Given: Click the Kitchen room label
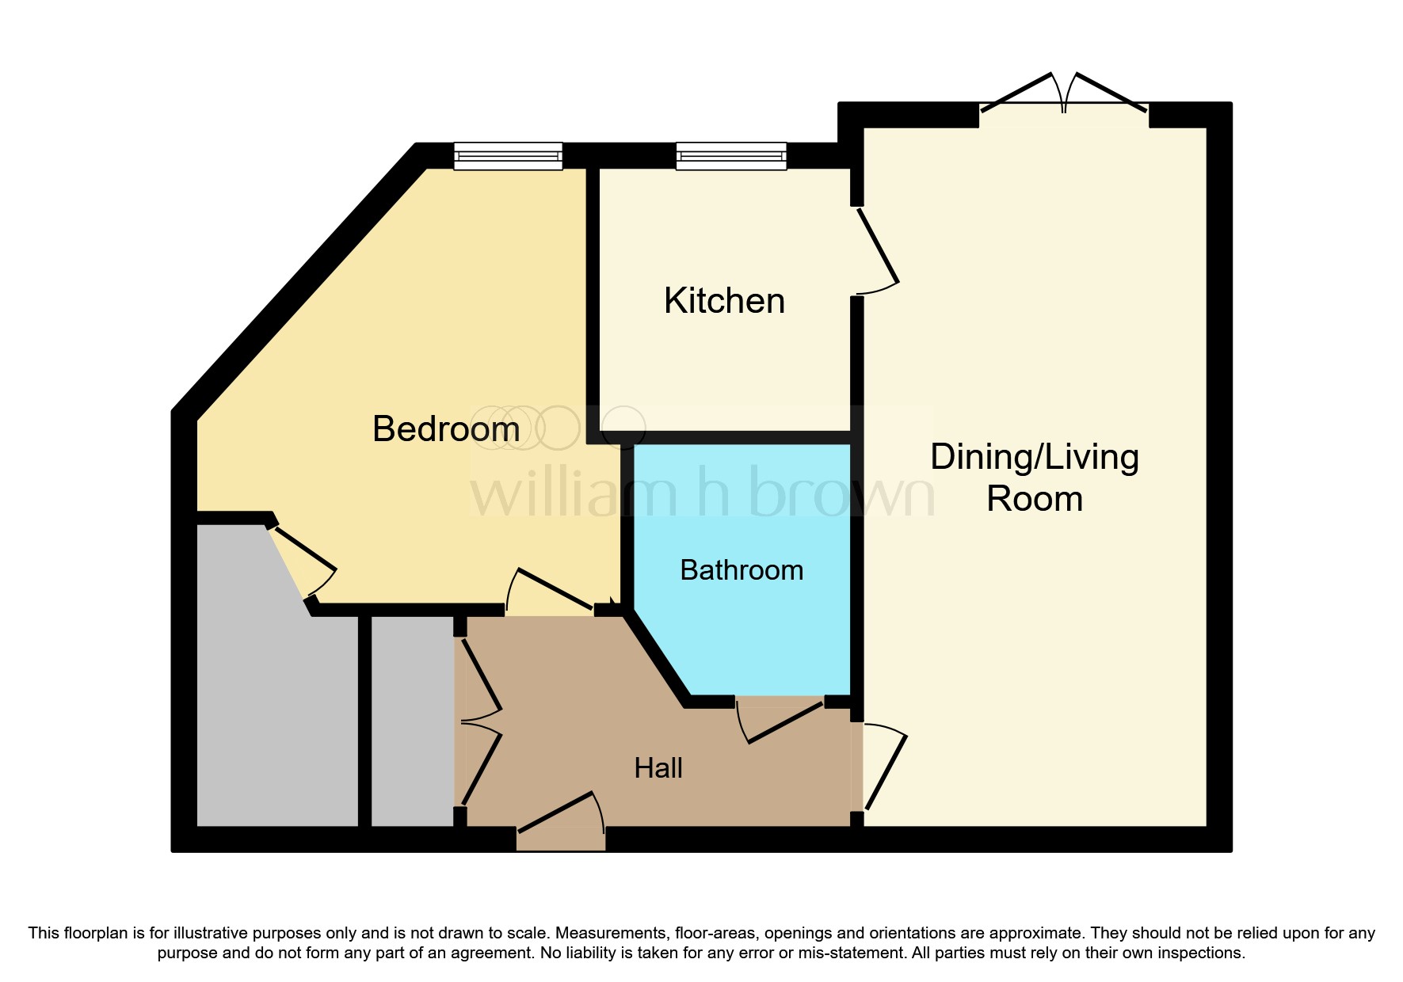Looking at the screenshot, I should (724, 301).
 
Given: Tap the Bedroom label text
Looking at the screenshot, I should (446, 429).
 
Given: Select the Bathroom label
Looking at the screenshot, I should (742, 570).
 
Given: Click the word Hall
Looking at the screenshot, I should (658, 768).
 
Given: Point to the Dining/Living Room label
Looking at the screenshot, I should (1035, 478).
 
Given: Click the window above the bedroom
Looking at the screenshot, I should (508, 156).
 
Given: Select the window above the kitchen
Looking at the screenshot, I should (731, 156).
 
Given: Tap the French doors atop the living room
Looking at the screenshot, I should (1064, 99).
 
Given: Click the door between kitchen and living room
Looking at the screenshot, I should (878, 249).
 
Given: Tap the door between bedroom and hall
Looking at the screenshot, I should (551, 589).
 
